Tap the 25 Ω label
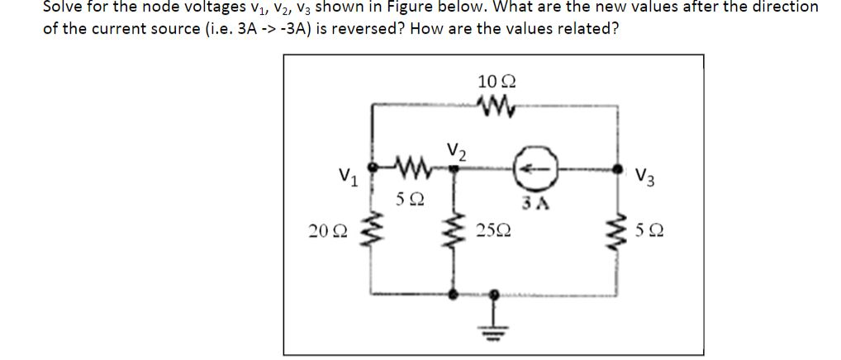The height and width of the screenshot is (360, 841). [494, 228]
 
